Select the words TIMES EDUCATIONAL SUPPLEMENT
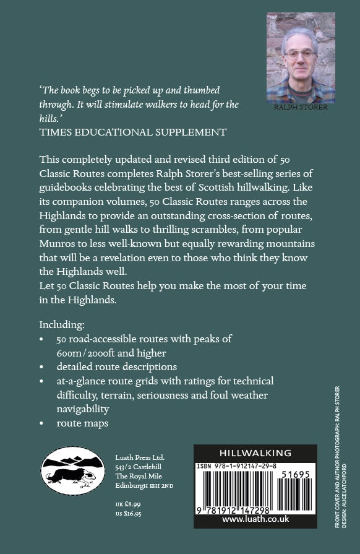(132, 132)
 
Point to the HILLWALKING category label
(255, 453)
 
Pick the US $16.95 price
(129, 514)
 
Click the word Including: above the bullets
(62, 324)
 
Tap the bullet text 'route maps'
(82, 423)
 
